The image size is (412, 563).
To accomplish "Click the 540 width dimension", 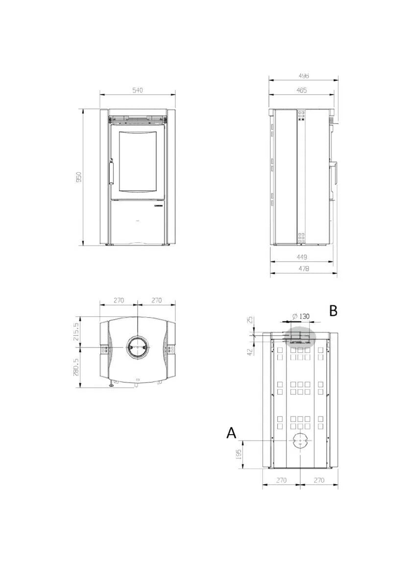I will click(x=138, y=91).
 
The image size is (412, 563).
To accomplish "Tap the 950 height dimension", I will click(x=78, y=177).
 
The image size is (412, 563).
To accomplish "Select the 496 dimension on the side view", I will click(x=303, y=76).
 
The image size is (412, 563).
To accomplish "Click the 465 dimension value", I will click(x=302, y=90).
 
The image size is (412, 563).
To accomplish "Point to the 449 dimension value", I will click(x=302, y=257).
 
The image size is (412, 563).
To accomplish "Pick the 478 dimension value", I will click(x=303, y=269).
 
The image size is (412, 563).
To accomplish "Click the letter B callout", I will click(x=334, y=310).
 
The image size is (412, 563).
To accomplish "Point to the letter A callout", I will click(x=231, y=433).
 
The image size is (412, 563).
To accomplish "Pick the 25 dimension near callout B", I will click(x=250, y=320).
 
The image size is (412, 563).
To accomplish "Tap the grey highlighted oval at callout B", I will click(x=300, y=337).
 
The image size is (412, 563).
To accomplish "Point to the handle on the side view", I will click(x=333, y=175).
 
